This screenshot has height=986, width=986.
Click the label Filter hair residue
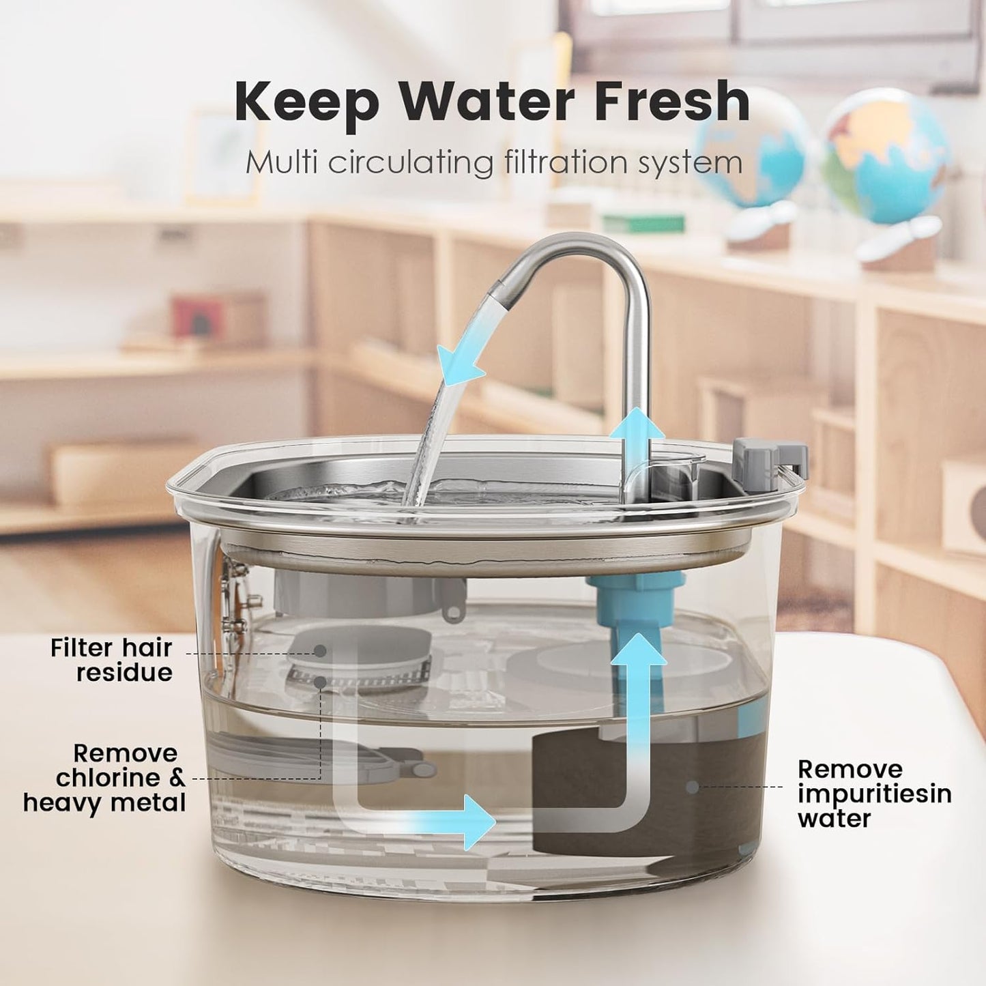click(x=111, y=660)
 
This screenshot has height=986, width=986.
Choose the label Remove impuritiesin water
click(x=874, y=794)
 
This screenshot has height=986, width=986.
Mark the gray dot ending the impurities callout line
click(x=693, y=787)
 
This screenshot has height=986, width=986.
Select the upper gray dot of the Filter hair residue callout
click(x=320, y=652)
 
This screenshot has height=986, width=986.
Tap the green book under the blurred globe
click(x=643, y=223)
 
